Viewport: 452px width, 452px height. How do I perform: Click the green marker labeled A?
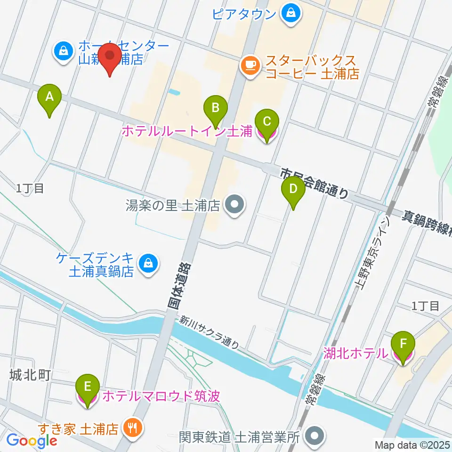(x=49, y=98)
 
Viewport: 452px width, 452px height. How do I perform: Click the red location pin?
(x=110, y=58)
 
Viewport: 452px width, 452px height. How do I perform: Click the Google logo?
(x=32, y=440)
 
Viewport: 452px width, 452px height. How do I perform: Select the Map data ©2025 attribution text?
(x=412, y=444)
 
